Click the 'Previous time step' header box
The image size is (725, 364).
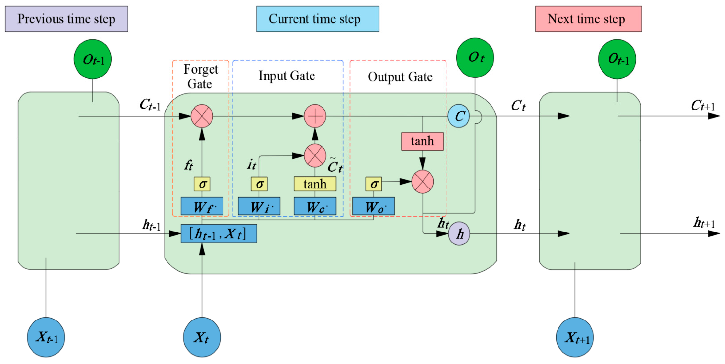click(67, 19)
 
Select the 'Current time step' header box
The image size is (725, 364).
click(317, 19)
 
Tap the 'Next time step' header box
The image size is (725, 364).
click(588, 19)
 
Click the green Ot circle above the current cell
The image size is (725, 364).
click(475, 58)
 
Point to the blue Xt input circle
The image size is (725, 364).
click(202, 337)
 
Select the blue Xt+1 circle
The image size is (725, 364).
click(575, 337)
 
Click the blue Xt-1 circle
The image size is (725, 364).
click(46, 337)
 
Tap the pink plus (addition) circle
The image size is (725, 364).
click(315, 116)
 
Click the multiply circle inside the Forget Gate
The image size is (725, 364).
click(202, 116)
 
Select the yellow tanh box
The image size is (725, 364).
click(315, 184)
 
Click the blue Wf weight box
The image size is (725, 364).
click(202, 206)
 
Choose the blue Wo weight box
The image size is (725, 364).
click(373, 206)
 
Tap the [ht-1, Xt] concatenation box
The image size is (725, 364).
click(218, 233)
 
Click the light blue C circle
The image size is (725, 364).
click(459, 116)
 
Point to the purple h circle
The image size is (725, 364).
click(459, 233)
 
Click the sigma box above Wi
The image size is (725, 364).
click(259, 184)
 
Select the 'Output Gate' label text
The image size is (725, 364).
click(400, 77)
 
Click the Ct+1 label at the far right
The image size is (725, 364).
click(703, 106)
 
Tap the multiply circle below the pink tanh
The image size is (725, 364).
click(422, 181)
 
